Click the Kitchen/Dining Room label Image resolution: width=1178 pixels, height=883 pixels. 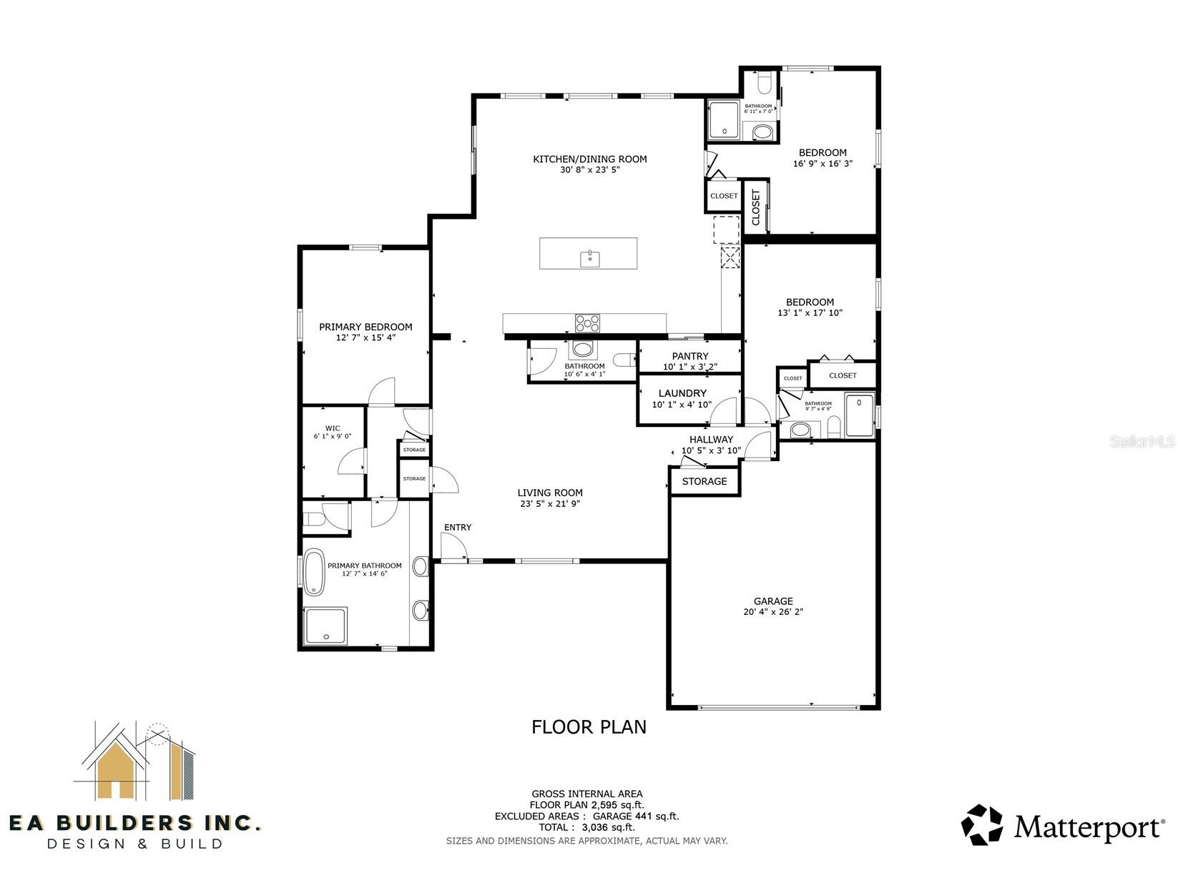pyautogui.click(x=589, y=159)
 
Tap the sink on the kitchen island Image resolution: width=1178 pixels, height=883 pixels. pyautogui.click(x=590, y=259)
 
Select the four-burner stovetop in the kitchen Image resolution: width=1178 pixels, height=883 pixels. pyautogui.click(x=587, y=323)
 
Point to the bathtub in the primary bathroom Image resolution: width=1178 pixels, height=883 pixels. pyautogui.click(x=314, y=572)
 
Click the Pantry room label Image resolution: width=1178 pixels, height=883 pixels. pyautogui.click(x=690, y=356)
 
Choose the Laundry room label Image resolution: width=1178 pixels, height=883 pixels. pyautogui.click(x=682, y=393)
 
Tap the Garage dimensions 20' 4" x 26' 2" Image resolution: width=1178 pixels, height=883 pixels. pyautogui.click(x=772, y=611)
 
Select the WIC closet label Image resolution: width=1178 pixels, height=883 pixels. pyautogui.click(x=333, y=428)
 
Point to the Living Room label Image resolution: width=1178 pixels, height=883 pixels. pyautogui.click(x=549, y=493)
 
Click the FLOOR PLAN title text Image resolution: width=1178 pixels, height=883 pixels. pyautogui.click(x=589, y=727)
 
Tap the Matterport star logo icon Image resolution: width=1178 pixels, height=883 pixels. pyautogui.click(x=981, y=824)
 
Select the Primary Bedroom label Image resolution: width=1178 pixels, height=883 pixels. pyautogui.click(x=365, y=327)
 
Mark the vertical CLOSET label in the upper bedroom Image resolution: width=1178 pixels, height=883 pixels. pyautogui.click(x=755, y=207)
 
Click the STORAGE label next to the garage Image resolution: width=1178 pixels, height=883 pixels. pyautogui.click(x=704, y=481)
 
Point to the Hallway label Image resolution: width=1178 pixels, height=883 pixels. pyautogui.click(x=711, y=439)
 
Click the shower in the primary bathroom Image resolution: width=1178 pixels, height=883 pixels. pyautogui.click(x=325, y=626)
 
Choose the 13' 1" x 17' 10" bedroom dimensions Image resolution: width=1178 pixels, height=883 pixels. pyautogui.click(x=810, y=312)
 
